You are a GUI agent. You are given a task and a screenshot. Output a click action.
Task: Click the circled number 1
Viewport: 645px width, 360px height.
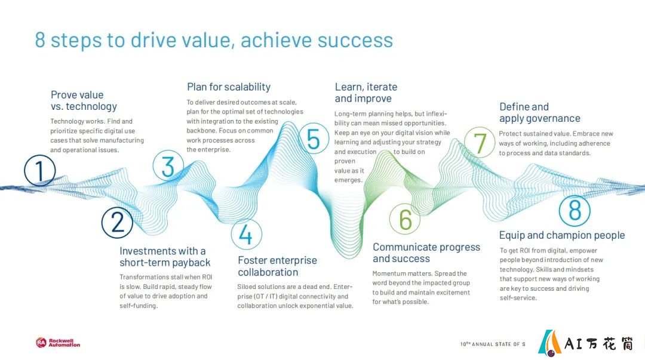39,171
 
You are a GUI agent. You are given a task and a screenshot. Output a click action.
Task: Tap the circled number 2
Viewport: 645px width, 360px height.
117,223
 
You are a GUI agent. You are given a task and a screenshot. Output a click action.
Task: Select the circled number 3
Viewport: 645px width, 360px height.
168,167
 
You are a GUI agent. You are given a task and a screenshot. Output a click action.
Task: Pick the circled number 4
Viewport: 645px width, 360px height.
247,235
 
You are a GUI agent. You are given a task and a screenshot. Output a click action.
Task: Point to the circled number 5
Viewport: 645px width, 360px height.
314,139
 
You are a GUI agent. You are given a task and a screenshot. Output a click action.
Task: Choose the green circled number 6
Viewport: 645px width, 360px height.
405,219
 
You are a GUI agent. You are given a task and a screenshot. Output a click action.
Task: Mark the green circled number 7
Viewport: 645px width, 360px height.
480,142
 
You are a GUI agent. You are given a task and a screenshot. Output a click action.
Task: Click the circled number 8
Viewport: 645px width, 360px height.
575,211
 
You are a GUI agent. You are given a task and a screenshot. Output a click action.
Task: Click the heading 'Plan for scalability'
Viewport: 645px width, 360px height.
229,87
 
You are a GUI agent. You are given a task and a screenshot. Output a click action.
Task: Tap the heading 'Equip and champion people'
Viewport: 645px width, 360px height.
562,235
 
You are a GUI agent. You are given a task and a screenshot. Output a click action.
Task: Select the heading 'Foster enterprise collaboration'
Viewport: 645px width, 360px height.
277,266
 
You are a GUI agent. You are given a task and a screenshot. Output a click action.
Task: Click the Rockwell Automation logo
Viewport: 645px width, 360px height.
58,343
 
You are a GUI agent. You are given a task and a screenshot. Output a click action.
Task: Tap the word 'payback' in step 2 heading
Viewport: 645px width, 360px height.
191,263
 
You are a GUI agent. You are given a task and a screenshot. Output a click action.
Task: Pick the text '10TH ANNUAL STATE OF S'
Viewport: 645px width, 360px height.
493,344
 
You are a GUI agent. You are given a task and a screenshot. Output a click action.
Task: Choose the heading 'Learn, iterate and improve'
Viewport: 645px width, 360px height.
366,93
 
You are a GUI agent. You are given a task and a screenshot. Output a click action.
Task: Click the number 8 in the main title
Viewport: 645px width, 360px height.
40,41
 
